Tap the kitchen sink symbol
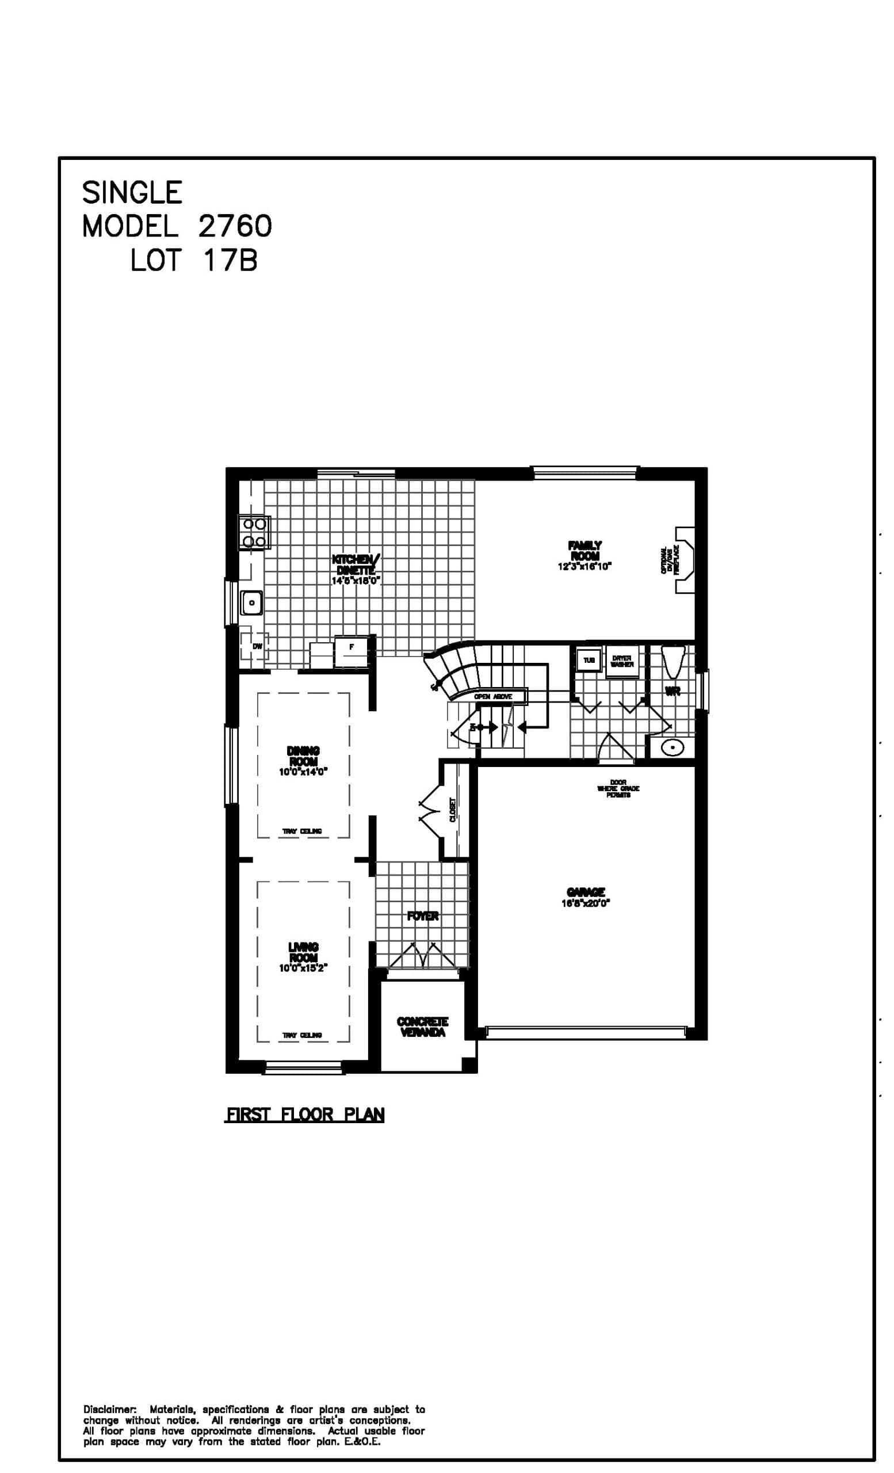click(252, 602)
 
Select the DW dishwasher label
click(257, 646)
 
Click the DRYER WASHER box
click(621, 661)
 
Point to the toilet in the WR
click(674, 661)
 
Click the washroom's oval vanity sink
click(674, 747)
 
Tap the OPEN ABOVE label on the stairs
click(493, 696)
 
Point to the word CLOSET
click(452, 810)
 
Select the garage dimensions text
click(585, 903)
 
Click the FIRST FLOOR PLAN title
click(304, 1115)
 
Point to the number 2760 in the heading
click(235, 226)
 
